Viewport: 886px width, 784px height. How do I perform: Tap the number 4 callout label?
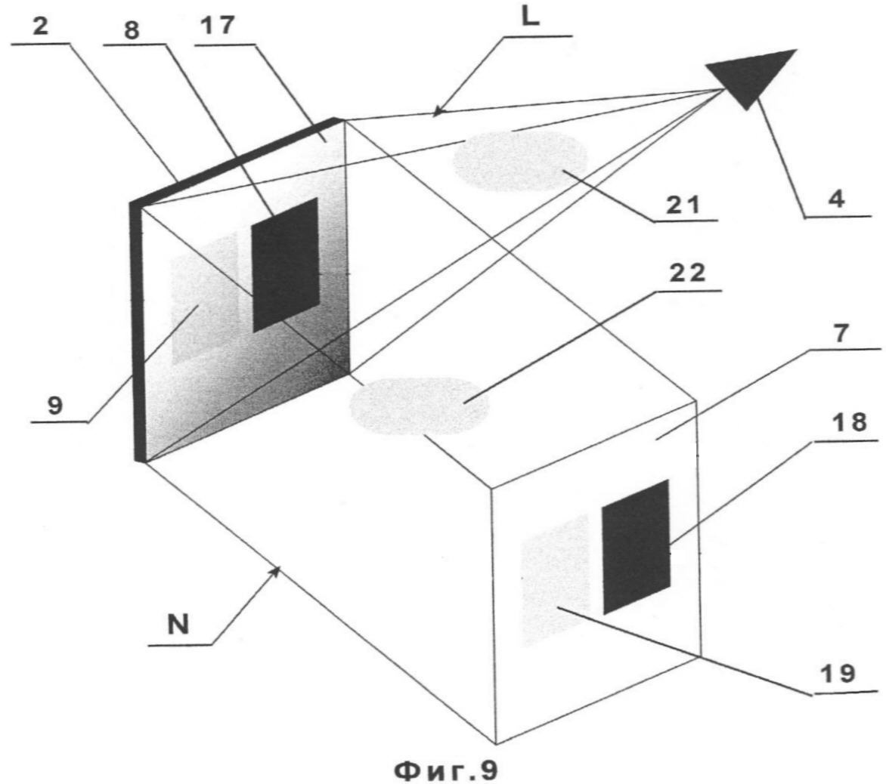[835, 199]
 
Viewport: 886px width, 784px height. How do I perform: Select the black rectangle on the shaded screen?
[285, 264]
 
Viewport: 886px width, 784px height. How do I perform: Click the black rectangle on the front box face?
[636, 546]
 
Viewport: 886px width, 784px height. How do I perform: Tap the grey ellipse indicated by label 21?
[520, 160]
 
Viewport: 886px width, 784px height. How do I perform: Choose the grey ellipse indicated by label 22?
[419, 405]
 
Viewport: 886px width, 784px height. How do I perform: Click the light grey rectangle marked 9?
[205, 298]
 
